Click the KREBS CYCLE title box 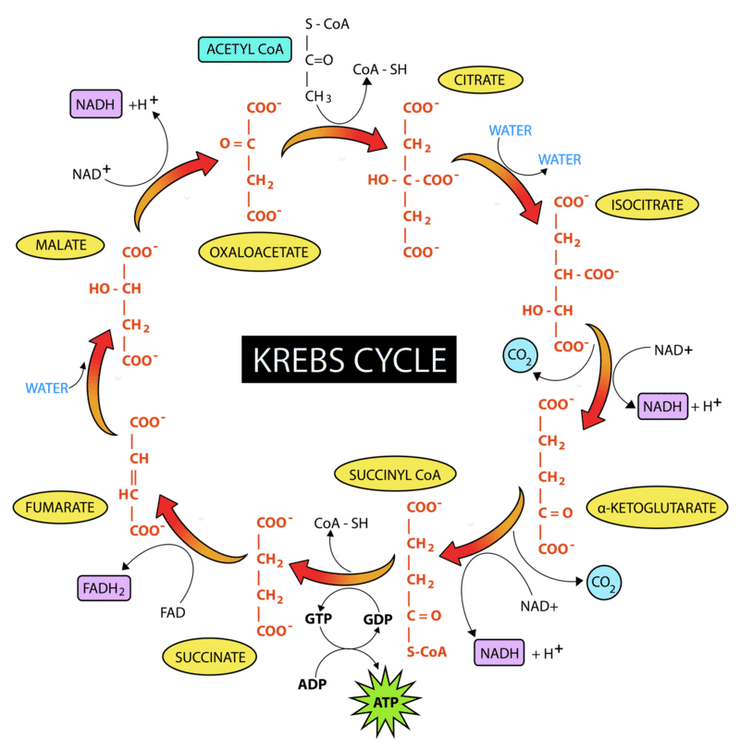[349, 359]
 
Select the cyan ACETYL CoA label [245, 49]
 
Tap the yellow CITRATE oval [480, 80]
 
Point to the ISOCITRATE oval [647, 204]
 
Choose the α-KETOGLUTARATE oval [657, 507]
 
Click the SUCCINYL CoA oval [395, 474]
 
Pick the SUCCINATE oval [210, 657]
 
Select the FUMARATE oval [60, 507]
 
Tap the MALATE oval [61, 245]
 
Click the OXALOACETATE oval [259, 252]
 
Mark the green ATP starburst [386, 702]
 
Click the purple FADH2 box [104, 587]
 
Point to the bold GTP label [318, 619]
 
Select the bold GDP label [378, 619]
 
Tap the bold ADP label [313, 684]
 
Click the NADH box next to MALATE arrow [96, 104]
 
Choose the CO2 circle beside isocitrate [520, 355]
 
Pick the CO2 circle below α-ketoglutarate [603, 582]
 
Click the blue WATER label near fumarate [46, 388]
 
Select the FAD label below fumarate [173, 612]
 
